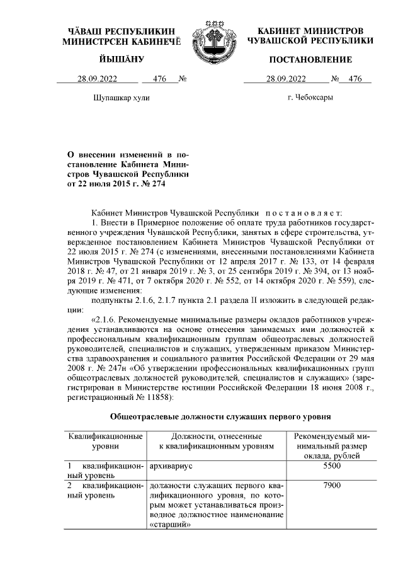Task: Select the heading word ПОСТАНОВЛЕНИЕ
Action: click(x=310, y=59)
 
